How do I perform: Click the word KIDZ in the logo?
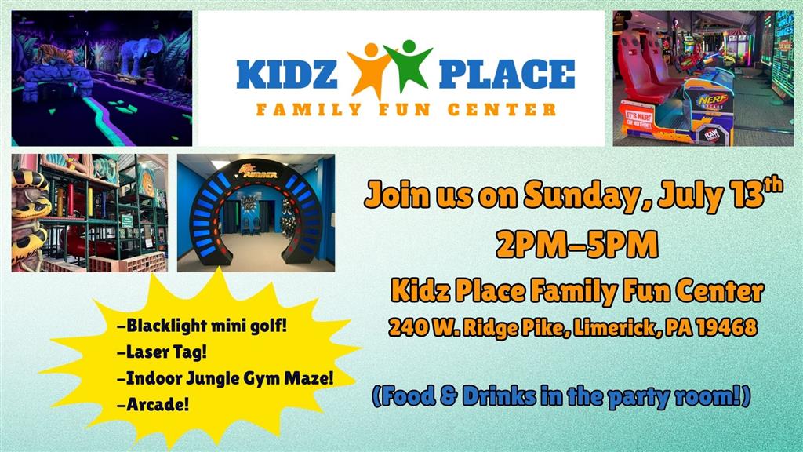click(x=287, y=75)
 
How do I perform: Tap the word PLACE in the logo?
click(x=507, y=75)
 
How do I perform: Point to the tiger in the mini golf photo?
click(x=55, y=55)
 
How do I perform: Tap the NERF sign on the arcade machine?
click(x=712, y=100)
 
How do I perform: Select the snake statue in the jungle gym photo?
click(x=30, y=215)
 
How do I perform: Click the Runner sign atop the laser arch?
click(x=260, y=171)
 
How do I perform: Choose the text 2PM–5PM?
click(x=577, y=245)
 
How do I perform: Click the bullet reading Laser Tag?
click(x=162, y=352)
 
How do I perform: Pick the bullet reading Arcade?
click(x=153, y=404)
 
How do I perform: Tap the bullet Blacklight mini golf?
click(x=202, y=326)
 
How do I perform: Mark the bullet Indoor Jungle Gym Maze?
click(x=225, y=378)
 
